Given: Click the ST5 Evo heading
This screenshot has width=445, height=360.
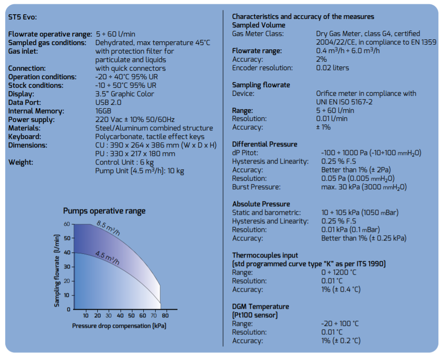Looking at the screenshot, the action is tap(22, 17).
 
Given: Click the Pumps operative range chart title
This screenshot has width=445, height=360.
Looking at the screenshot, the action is tap(104, 211).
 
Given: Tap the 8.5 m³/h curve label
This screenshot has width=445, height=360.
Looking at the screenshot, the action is tap(108, 228).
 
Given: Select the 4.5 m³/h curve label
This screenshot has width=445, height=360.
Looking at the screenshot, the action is tap(107, 258).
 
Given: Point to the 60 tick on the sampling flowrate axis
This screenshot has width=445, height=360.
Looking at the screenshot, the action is tap(67, 224).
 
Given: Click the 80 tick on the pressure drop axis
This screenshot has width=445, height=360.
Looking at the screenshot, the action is tap(165, 315).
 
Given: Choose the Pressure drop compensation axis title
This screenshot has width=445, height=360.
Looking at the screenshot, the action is tap(119, 326).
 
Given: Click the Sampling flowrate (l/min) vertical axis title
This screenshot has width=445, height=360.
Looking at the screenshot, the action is tap(57, 271).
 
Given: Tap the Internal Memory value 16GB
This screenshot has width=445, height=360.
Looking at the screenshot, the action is tap(103, 111).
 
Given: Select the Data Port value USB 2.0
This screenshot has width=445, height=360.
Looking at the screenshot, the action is tap(108, 102).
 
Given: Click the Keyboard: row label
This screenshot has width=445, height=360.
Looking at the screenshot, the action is tap(25, 137).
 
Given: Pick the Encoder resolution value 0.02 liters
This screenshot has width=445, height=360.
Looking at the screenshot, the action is tap(333, 68).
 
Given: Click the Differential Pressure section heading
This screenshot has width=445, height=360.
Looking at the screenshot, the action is tap(265, 144).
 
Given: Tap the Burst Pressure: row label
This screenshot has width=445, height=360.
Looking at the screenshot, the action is tap(256, 187).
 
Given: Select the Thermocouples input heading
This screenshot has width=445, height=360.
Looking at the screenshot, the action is tap(265, 255).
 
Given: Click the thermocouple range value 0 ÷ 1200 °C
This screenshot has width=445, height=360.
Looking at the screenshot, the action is tap(339, 272).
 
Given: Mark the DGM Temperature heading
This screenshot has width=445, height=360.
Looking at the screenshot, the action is tap(260, 306).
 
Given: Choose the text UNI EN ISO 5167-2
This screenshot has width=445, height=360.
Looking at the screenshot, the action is tap(344, 102).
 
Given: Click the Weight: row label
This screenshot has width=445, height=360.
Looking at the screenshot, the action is tap(21, 162).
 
